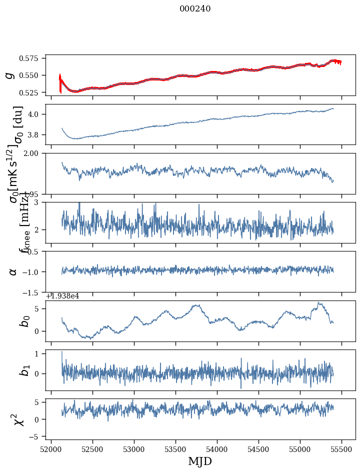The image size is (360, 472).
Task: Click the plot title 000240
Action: point(195,9)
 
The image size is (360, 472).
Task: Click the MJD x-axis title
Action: point(200,461)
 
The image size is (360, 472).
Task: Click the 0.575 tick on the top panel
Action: point(32,58)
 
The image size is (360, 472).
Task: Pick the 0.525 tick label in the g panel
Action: point(32,92)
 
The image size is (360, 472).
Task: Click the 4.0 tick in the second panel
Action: point(36,114)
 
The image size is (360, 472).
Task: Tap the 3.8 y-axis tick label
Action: point(36,135)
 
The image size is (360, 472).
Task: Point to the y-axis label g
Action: point(9,75)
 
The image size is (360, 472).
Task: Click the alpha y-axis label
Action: point(13,271)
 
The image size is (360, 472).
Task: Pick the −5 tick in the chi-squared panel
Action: point(36,436)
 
